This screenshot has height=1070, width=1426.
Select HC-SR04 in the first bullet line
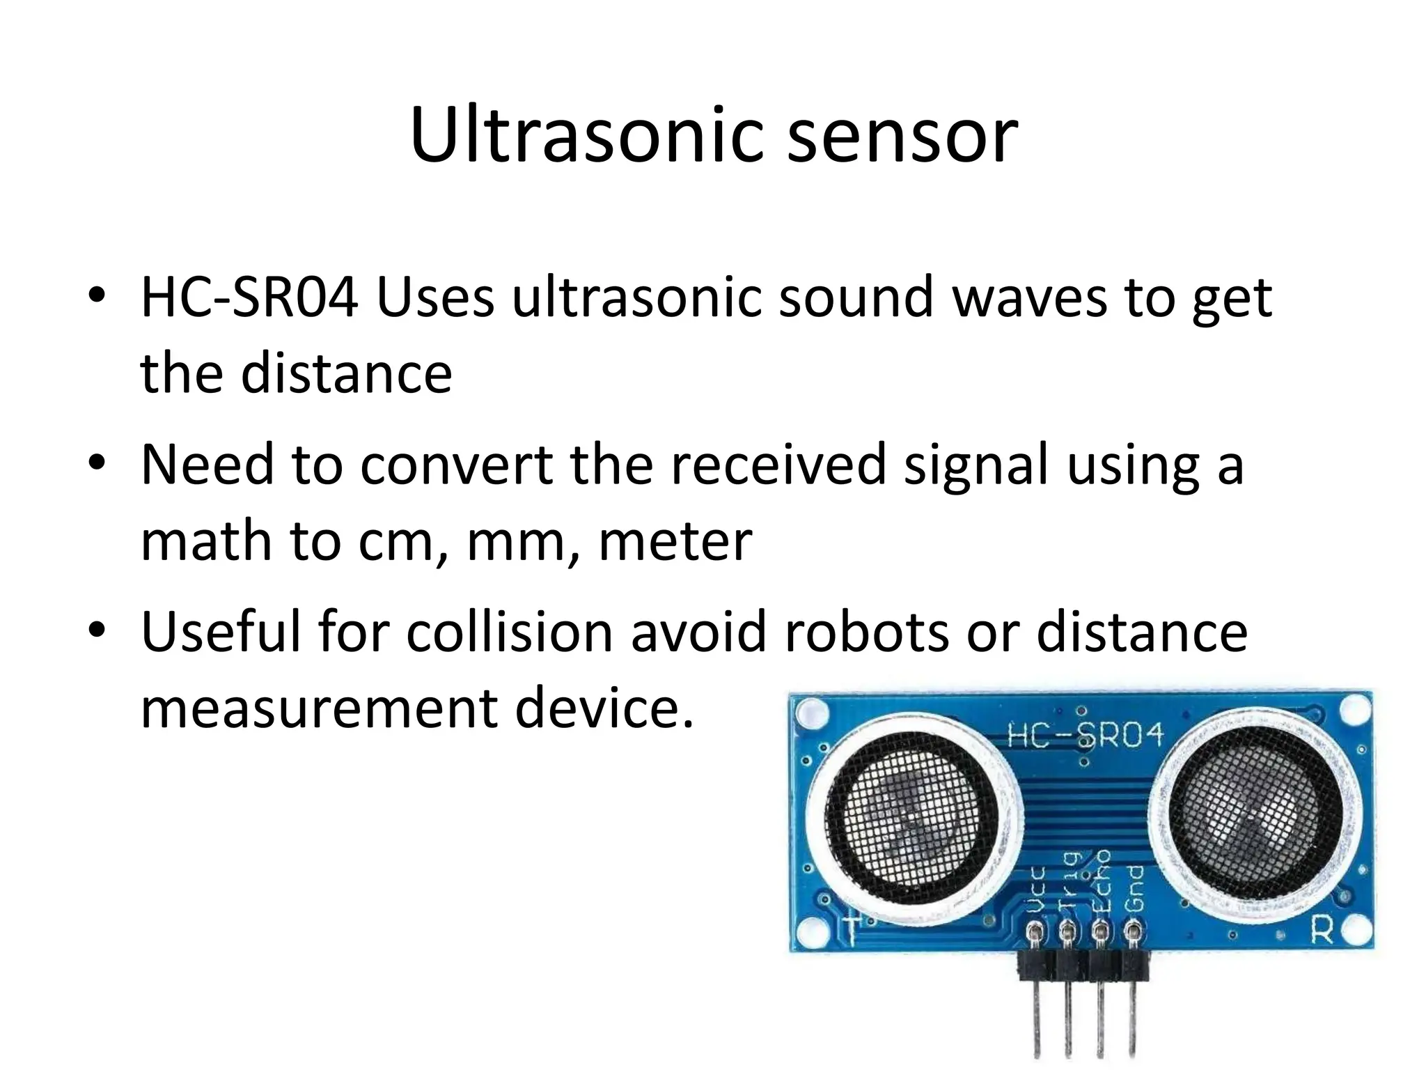point(249,298)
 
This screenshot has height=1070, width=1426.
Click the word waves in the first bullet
point(1029,298)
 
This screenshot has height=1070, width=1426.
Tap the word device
point(604,708)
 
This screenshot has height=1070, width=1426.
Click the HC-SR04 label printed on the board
point(1086,736)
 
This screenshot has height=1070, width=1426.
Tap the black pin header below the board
point(1083,967)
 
